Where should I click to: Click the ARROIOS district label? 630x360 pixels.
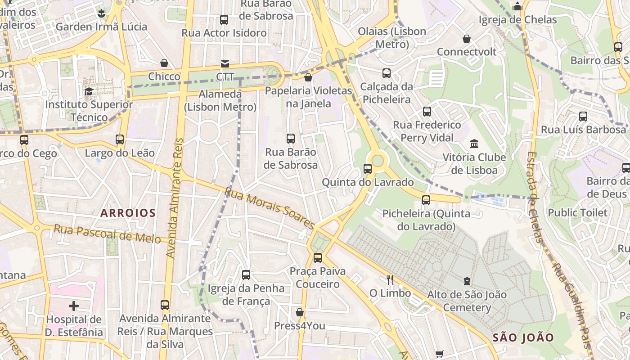pos(128,213)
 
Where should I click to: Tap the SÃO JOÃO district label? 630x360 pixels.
pos(523,337)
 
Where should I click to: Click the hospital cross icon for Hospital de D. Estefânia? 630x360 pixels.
pos(74,306)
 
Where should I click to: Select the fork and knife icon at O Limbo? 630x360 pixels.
pos(390,280)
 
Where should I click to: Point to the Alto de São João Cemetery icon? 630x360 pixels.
pos(467,282)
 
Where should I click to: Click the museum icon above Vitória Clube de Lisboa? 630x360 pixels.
pos(474,144)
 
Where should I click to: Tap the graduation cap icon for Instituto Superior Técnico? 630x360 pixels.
pos(89,92)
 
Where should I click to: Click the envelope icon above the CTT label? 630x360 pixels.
pos(224,64)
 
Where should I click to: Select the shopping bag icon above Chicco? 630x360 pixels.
pos(164,63)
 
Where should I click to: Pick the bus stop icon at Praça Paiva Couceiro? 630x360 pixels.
pos(318,258)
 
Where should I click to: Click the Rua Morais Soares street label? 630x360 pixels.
pos(269,208)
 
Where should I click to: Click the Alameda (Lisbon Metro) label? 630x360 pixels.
pos(220,100)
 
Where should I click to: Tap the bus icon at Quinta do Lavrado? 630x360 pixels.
pos(368,169)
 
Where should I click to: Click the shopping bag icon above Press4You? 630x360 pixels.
pos(300,312)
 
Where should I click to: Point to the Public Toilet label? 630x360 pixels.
pos(577,212)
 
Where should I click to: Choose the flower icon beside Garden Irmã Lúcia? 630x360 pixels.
pos(102,13)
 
